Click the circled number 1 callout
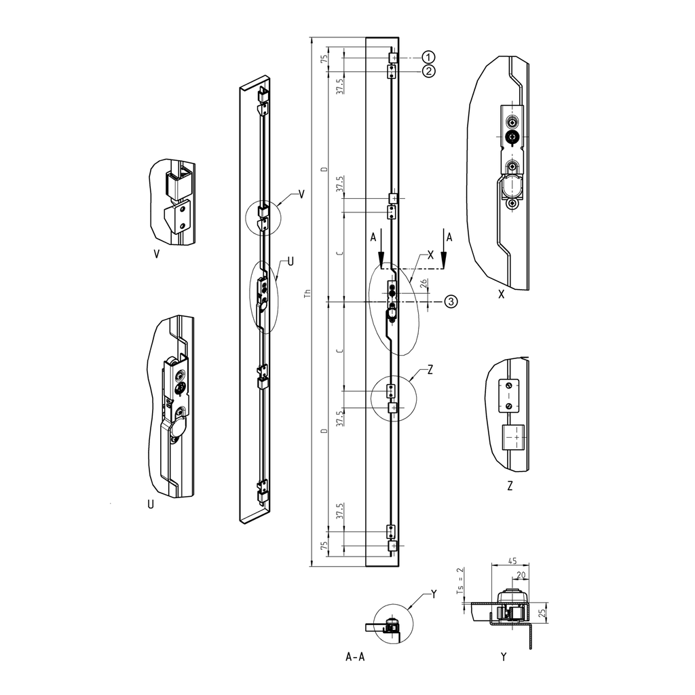pyautogui.click(x=428, y=57)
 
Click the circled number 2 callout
pyautogui.click(x=428, y=71)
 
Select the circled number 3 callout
pyautogui.click(x=451, y=301)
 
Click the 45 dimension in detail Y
pyautogui.click(x=512, y=561)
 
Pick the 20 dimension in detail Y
pyautogui.click(x=520, y=575)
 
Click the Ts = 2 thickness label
pyautogui.click(x=459, y=581)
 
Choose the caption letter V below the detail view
pyautogui.click(x=157, y=255)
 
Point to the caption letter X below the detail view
pyautogui.click(x=501, y=295)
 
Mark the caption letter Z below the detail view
pyautogui.click(x=509, y=486)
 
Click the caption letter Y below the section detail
pyautogui.click(x=503, y=657)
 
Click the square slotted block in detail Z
pyautogui.click(x=513, y=438)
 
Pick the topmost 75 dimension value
pyautogui.click(x=324, y=59)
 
